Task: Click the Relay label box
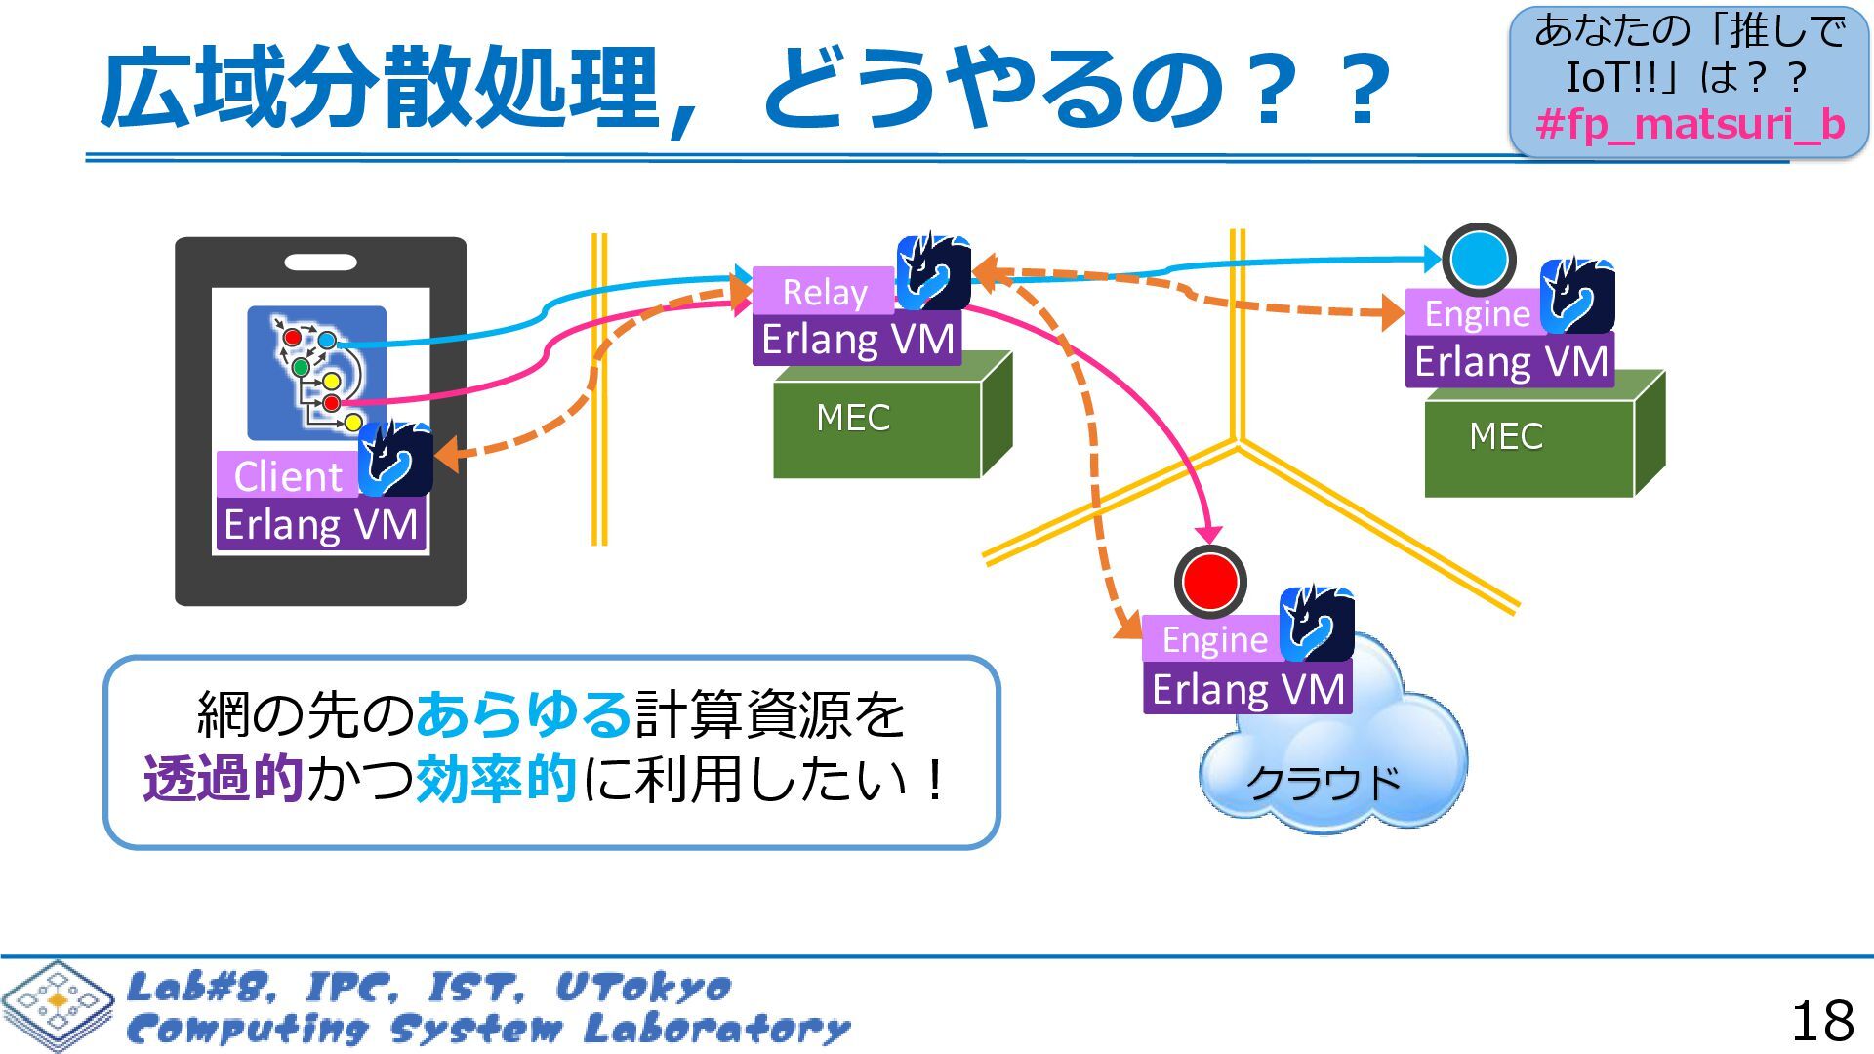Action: coord(824,292)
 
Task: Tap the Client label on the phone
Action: coord(288,476)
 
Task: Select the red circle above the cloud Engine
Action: coord(1210,582)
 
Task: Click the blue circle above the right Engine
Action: coord(1479,260)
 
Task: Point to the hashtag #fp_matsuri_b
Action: coord(1690,125)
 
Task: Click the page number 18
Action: coord(1821,1021)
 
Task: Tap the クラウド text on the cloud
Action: coord(1324,782)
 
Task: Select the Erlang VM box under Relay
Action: coord(857,340)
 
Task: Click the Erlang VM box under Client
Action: coord(320,525)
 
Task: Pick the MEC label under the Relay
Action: coord(853,418)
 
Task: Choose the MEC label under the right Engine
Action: coord(1506,436)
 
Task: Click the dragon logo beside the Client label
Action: coord(395,459)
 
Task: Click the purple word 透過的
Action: coord(223,779)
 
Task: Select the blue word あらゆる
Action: coord(524,714)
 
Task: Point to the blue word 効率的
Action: coord(496,779)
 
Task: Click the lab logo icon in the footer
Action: coord(57,1005)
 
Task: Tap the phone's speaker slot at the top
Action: coord(320,262)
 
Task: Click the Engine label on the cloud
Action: coord(1214,639)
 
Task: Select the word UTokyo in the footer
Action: coord(643,987)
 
